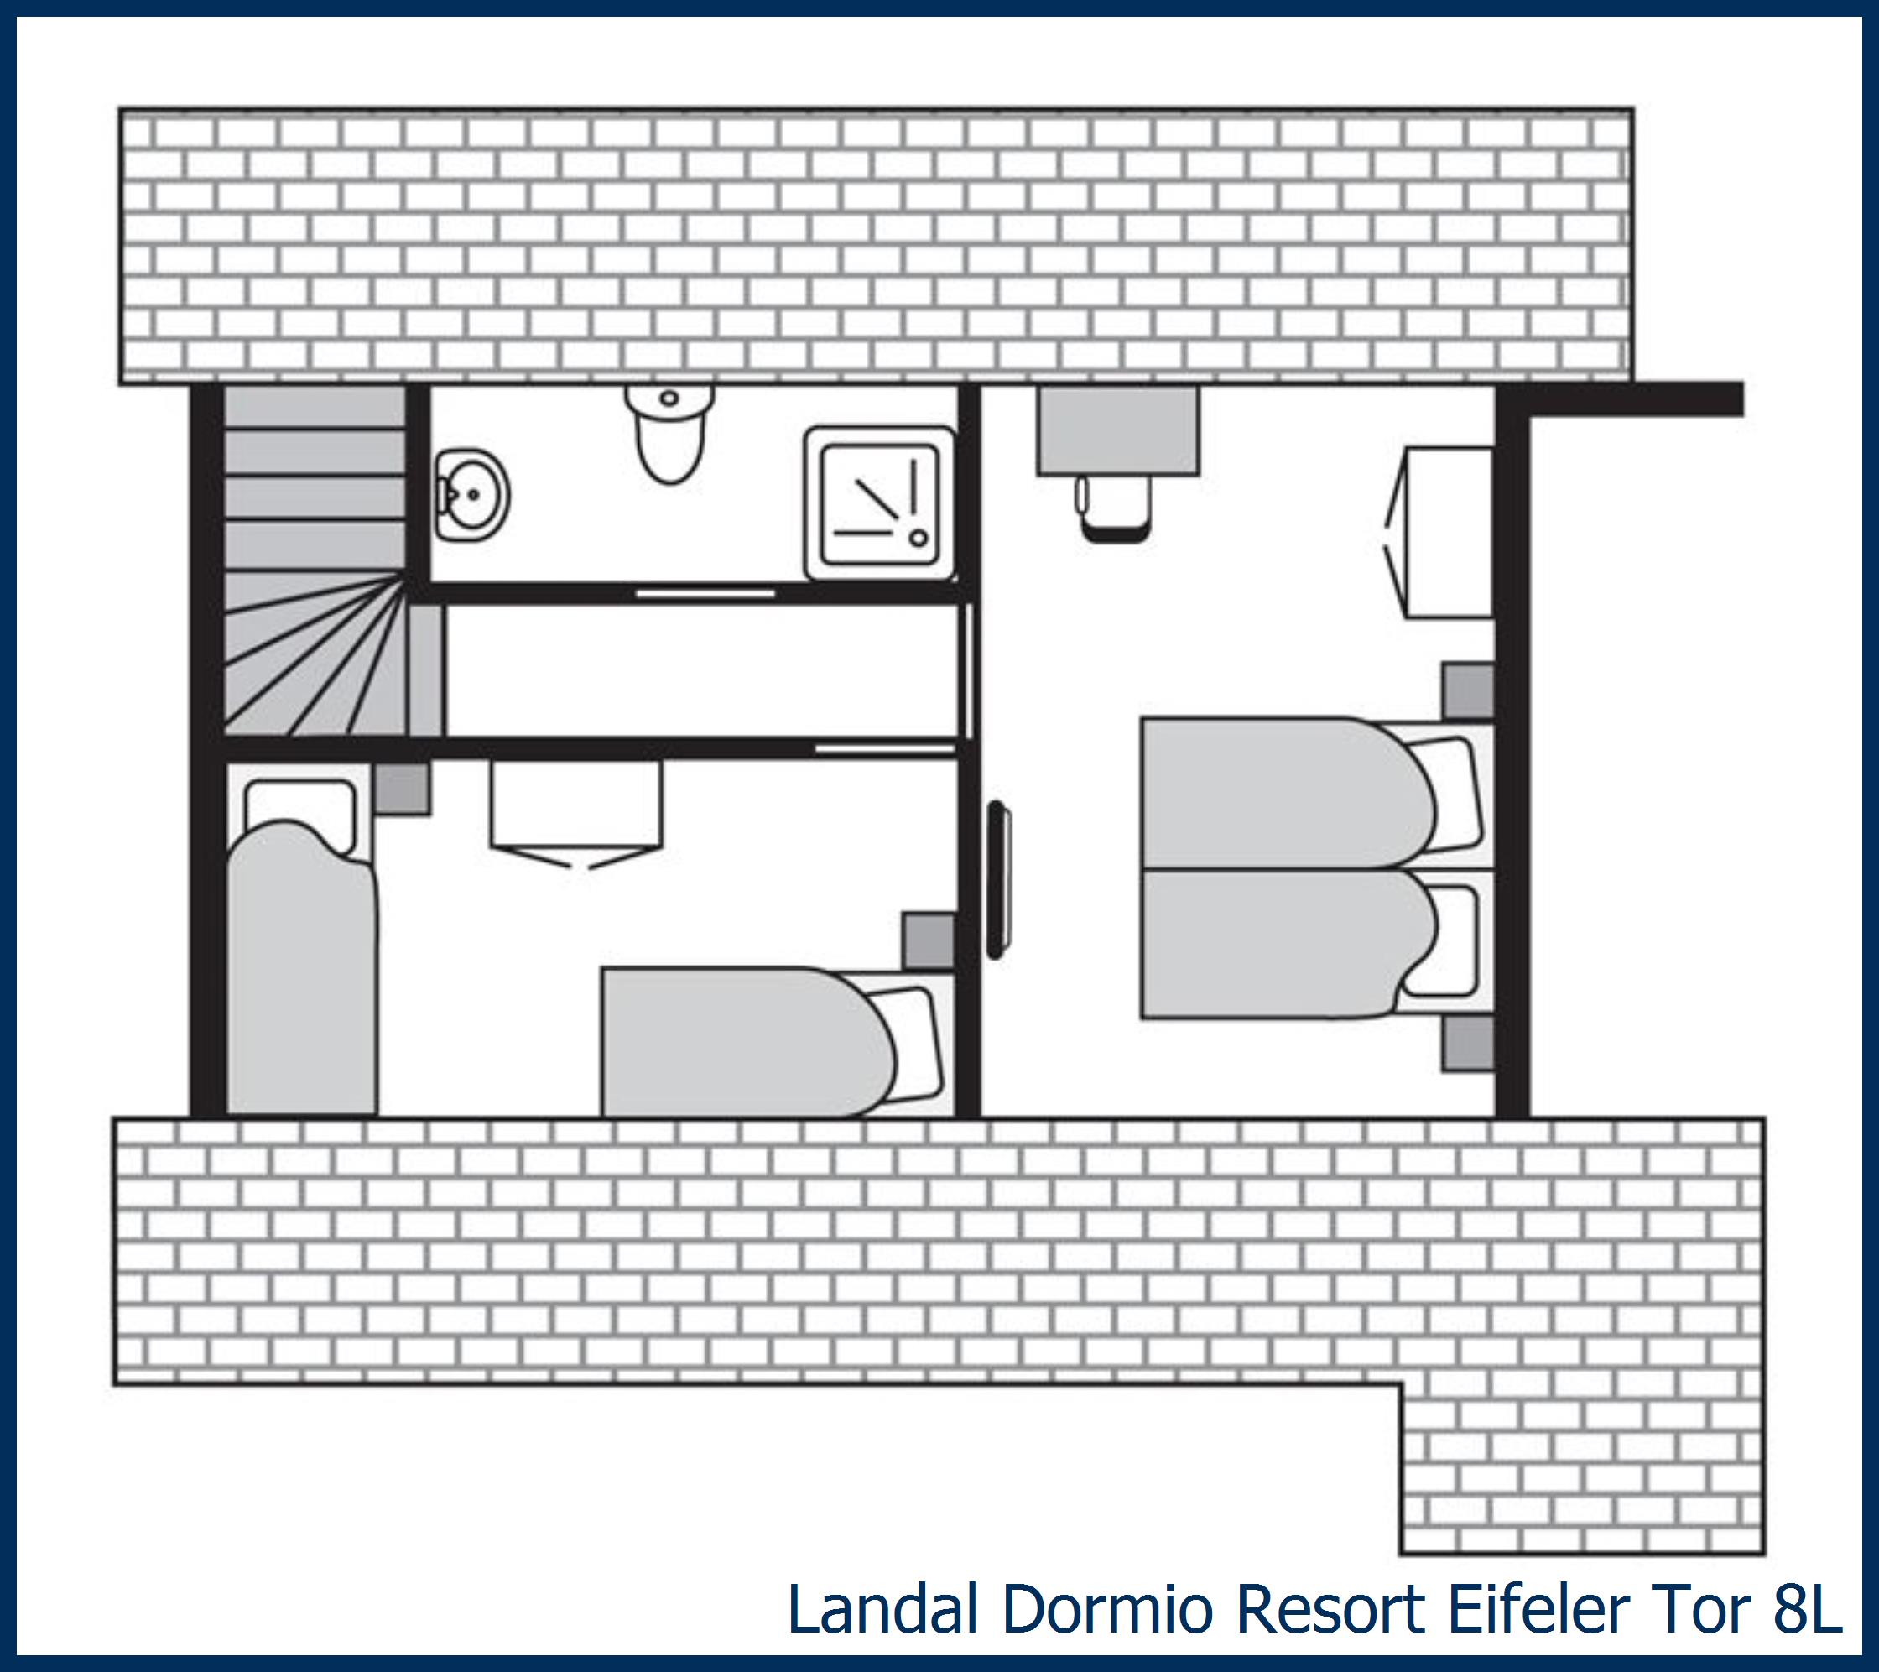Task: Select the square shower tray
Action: (880, 502)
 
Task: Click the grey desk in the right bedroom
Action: (1118, 430)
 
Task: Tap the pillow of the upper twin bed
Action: (1446, 794)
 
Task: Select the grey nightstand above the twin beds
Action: (1467, 691)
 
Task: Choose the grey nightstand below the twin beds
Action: (1467, 1044)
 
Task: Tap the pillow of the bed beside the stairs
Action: (300, 815)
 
